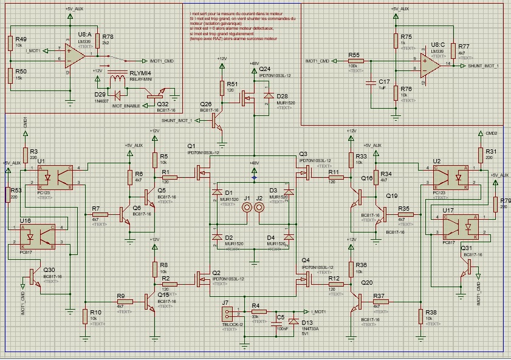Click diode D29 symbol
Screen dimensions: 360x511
pyautogui.click(x=118, y=94)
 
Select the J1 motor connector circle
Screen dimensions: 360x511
pyautogui.click(x=247, y=208)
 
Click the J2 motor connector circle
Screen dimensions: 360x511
pyautogui.click(x=260, y=208)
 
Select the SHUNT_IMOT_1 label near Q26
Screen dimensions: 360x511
pyautogui.click(x=175, y=120)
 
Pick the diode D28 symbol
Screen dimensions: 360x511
pyautogui.click(x=267, y=97)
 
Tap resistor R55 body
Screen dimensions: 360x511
pyautogui.click(x=355, y=61)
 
